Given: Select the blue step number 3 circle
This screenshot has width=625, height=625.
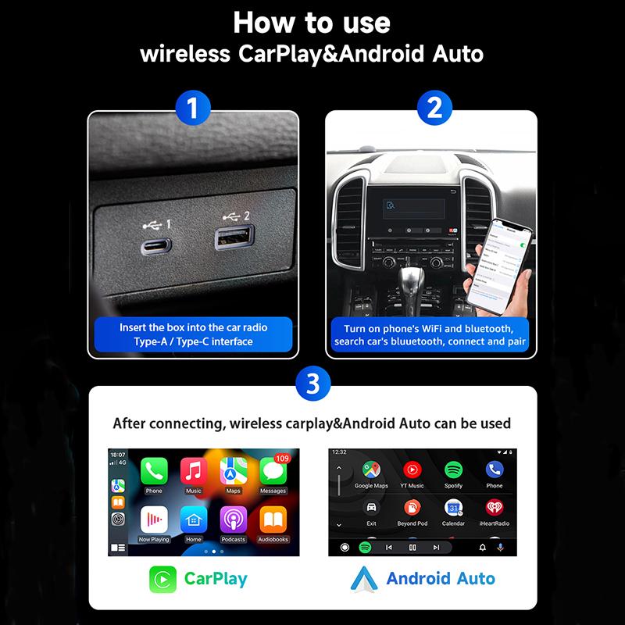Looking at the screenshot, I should point(312,384).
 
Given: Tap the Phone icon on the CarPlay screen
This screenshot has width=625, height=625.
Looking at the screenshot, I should point(154,471).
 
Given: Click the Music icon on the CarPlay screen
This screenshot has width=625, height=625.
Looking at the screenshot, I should point(193,471).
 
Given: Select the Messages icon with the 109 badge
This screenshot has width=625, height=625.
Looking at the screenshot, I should point(273,471).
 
